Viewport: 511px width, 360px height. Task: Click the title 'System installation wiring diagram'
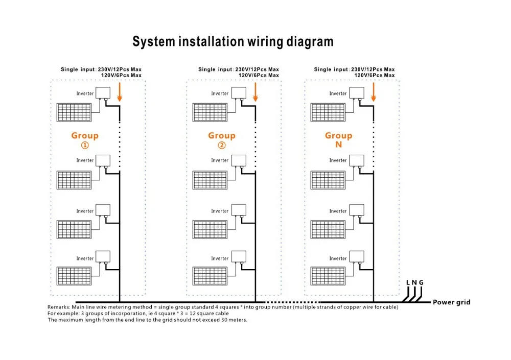[233, 42]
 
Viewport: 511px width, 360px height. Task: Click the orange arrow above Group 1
[120, 91]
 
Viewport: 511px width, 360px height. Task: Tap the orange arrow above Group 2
[255, 91]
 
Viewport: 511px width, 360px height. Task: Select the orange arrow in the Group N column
[374, 91]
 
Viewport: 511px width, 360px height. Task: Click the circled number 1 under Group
[85, 145]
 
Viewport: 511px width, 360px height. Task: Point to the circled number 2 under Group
[221, 145]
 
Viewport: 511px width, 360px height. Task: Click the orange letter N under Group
[338, 145]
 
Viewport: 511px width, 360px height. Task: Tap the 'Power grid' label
[451, 302]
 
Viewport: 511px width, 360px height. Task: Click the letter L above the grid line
[408, 282]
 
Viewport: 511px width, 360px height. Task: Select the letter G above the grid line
[421, 282]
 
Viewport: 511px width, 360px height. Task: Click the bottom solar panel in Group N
[328, 275]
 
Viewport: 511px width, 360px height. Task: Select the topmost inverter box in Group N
[356, 93]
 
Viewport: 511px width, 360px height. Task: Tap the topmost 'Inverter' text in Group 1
[85, 93]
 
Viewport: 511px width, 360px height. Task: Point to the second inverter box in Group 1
[104, 160]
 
